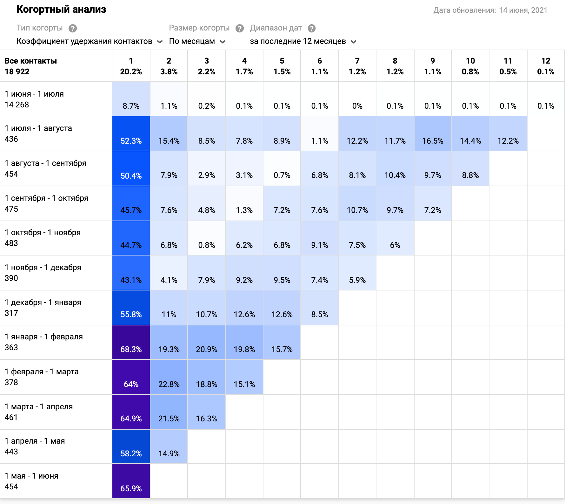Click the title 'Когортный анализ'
click(x=61, y=10)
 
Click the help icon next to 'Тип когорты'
click(x=73, y=29)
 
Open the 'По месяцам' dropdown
click(x=197, y=41)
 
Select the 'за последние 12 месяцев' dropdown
click(x=303, y=41)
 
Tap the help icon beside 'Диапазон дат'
click(x=312, y=29)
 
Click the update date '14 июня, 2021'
click(x=523, y=10)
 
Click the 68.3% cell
click(x=131, y=343)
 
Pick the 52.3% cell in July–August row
click(x=131, y=134)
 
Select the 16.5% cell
click(x=433, y=134)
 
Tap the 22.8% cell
click(x=169, y=377)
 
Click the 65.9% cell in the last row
click(x=131, y=481)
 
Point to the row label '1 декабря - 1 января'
click(x=43, y=303)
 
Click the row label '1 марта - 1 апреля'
click(x=39, y=407)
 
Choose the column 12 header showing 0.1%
click(x=546, y=66)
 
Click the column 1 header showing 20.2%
click(x=131, y=66)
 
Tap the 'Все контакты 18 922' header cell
click(x=31, y=66)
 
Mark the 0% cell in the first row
click(x=357, y=99)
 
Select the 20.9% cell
click(x=207, y=343)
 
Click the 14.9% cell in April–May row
click(x=169, y=447)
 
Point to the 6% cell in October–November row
click(x=395, y=238)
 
